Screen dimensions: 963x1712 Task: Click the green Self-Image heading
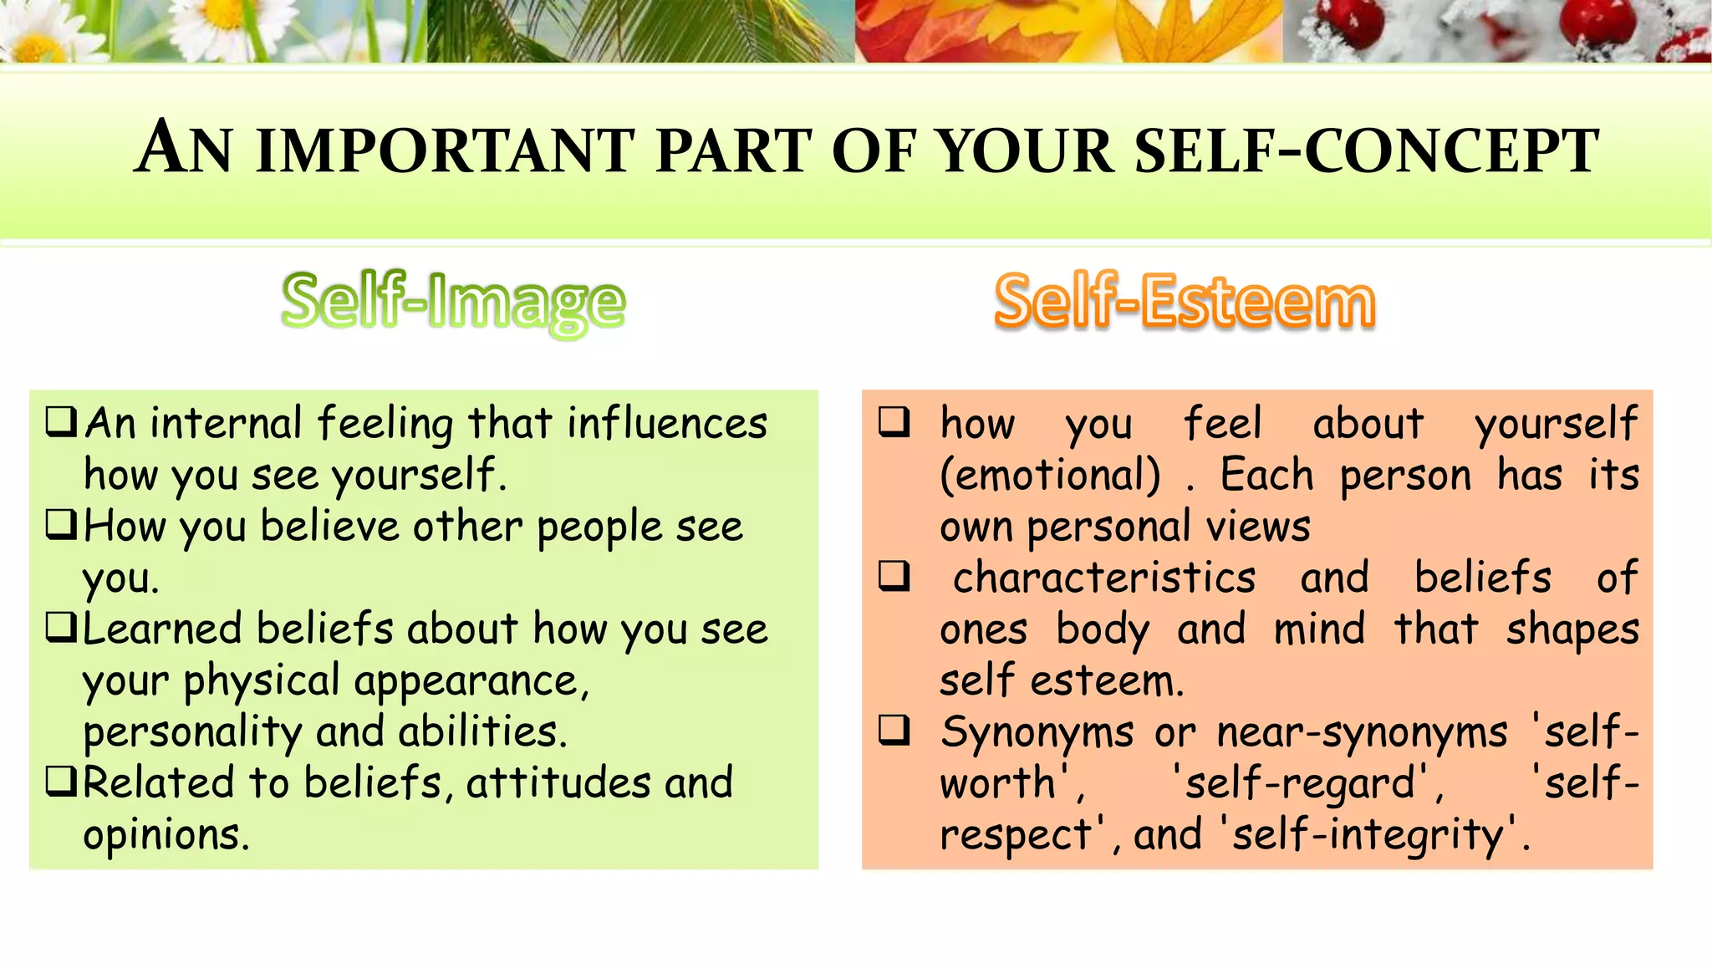(x=453, y=303)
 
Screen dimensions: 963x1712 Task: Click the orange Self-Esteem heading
(x=1185, y=301)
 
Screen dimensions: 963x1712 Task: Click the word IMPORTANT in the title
(x=444, y=151)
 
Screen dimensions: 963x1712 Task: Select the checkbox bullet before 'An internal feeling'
(x=62, y=421)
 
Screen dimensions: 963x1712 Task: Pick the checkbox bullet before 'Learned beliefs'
(x=62, y=628)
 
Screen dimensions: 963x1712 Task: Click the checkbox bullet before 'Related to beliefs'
(x=62, y=782)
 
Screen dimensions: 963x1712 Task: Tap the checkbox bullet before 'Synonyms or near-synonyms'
(x=894, y=731)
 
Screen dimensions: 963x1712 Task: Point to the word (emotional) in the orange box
(x=1051, y=475)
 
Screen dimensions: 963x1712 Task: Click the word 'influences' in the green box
(x=667, y=423)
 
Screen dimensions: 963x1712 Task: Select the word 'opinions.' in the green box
(x=166, y=834)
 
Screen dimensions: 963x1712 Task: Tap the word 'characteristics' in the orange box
(x=1104, y=578)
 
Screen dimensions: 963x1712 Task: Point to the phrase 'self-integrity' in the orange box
(x=1368, y=834)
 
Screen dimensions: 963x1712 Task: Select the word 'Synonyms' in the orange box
(x=1037, y=732)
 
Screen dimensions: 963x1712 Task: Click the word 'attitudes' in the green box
(x=558, y=783)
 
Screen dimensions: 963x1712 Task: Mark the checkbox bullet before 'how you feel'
(x=894, y=421)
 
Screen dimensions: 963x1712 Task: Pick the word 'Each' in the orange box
(x=1266, y=475)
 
